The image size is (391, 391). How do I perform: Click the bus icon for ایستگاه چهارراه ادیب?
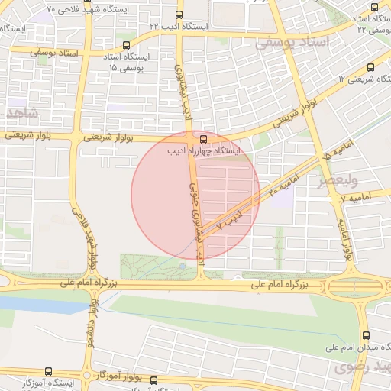tap(203, 139)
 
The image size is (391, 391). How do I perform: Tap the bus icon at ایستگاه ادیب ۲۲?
tap(179, 15)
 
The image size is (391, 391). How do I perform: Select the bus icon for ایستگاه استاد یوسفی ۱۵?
tap(126, 45)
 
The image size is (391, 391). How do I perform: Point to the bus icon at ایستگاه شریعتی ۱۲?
tap(371, 67)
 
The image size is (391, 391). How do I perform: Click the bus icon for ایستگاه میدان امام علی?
tap(365, 335)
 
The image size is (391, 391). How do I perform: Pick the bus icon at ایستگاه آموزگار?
tap(49, 371)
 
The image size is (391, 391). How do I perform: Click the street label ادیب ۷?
tap(229, 219)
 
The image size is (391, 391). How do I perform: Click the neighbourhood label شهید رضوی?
tap(360, 367)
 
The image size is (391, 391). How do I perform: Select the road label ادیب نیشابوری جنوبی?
tap(195, 213)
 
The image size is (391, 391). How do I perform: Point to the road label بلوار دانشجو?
tap(92, 321)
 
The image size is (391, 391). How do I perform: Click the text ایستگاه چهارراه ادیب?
tap(203, 151)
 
